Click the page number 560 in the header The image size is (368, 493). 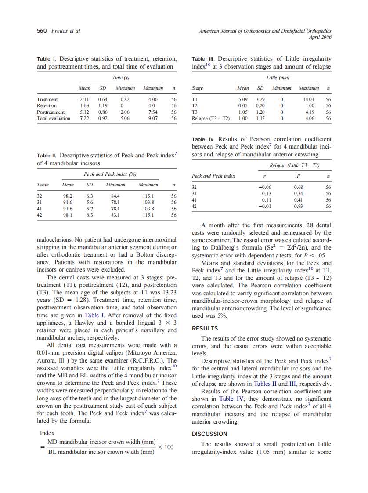(x=42, y=31)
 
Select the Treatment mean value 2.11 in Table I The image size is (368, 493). (x=84, y=100)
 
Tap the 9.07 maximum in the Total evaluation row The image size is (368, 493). (x=153, y=118)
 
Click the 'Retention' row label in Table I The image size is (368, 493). (x=47, y=106)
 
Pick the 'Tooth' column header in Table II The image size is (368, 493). (x=43, y=185)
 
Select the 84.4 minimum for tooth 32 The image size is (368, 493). (x=115, y=196)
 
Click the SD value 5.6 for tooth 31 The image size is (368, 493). (x=90, y=203)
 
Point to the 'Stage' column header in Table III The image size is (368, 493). (x=197, y=88)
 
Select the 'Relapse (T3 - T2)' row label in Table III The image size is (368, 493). (x=211, y=118)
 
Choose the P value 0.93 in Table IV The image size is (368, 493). (x=298, y=206)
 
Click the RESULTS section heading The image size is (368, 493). (x=205, y=328)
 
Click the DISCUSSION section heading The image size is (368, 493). (x=209, y=434)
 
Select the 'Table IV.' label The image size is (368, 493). (x=204, y=139)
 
